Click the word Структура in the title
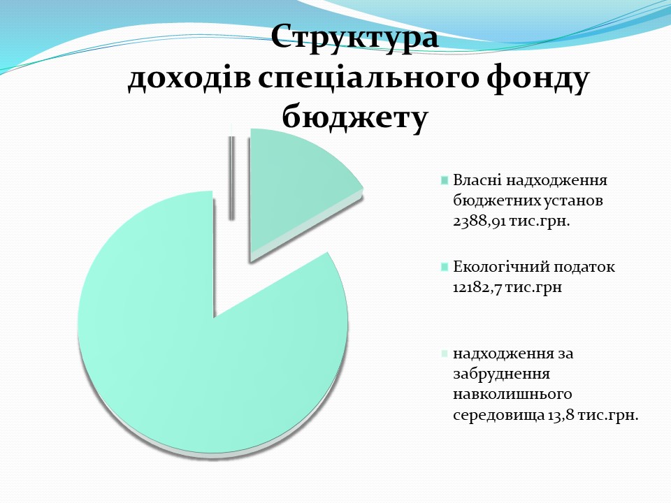coord(355,38)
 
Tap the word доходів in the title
coord(189,79)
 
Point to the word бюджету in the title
coord(355,117)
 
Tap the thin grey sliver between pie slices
coord(231,177)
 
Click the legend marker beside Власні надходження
coord(445,180)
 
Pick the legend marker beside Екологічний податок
coord(445,267)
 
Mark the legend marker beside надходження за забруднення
coord(445,353)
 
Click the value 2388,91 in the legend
coord(479,221)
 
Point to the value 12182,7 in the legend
coord(477,287)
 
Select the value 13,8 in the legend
coord(561,415)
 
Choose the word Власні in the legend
coord(477,180)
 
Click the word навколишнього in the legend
coord(512,394)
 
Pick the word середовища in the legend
coord(498,415)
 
